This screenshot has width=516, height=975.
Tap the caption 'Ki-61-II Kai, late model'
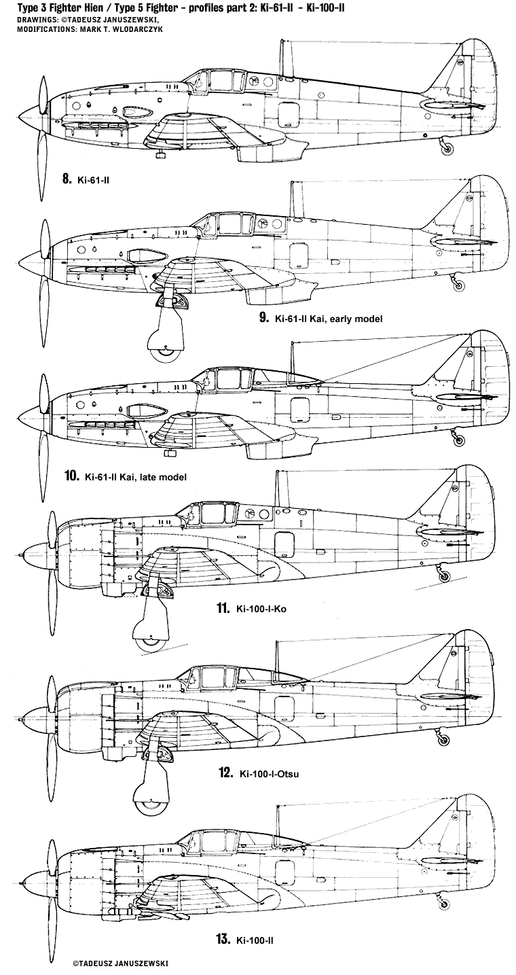[x=135, y=476]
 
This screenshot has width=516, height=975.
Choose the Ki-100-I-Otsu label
[x=268, y=773]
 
